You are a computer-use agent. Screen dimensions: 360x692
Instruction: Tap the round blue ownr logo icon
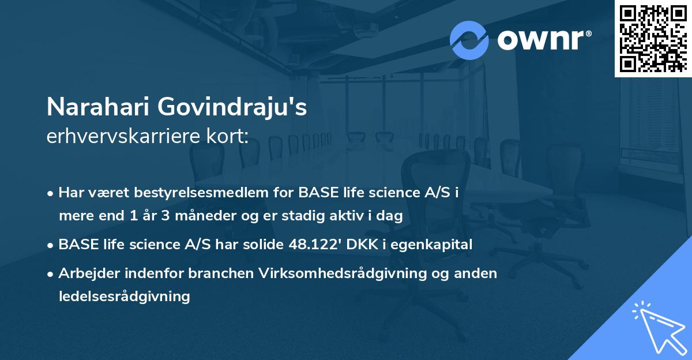(469, 40)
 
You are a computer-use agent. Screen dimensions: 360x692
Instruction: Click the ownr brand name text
(541, 40)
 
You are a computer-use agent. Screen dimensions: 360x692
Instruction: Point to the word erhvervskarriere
(118, 137)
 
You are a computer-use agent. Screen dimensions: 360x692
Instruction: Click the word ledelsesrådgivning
(124, 297)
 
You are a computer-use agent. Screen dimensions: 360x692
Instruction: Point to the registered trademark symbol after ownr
(588, 34)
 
